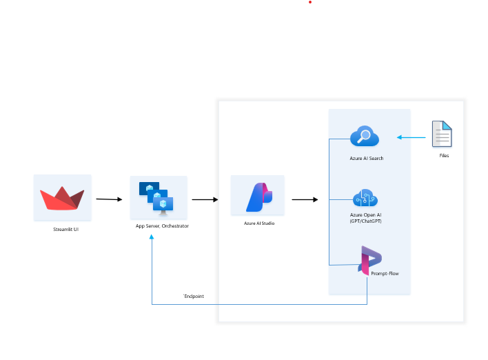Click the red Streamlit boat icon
click(x=62, y=198)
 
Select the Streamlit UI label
click(x=65, y=229)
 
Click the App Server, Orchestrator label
click(x=162, y=226)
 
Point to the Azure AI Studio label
click(x=259, y=223)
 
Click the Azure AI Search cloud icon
click(x=364, y=137)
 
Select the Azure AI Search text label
click(x=366, y=159)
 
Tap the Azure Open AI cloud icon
click(x=365, y=198)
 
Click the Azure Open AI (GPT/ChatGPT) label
click(x=365, y=218)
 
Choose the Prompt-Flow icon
click(x=369, y=260)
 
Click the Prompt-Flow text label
click(x=385, y=274)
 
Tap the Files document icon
click(x=442, y=134)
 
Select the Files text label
click(x=444, y=156)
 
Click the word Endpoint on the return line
click(x=194, y=296)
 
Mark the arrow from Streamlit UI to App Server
click(x=109, y=199)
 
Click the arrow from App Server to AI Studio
click(x=205, y=200)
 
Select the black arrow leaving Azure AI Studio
click(x=305, y=200)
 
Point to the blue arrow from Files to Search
click(x=411, y=137)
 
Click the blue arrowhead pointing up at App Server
click(x=152, y=238)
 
